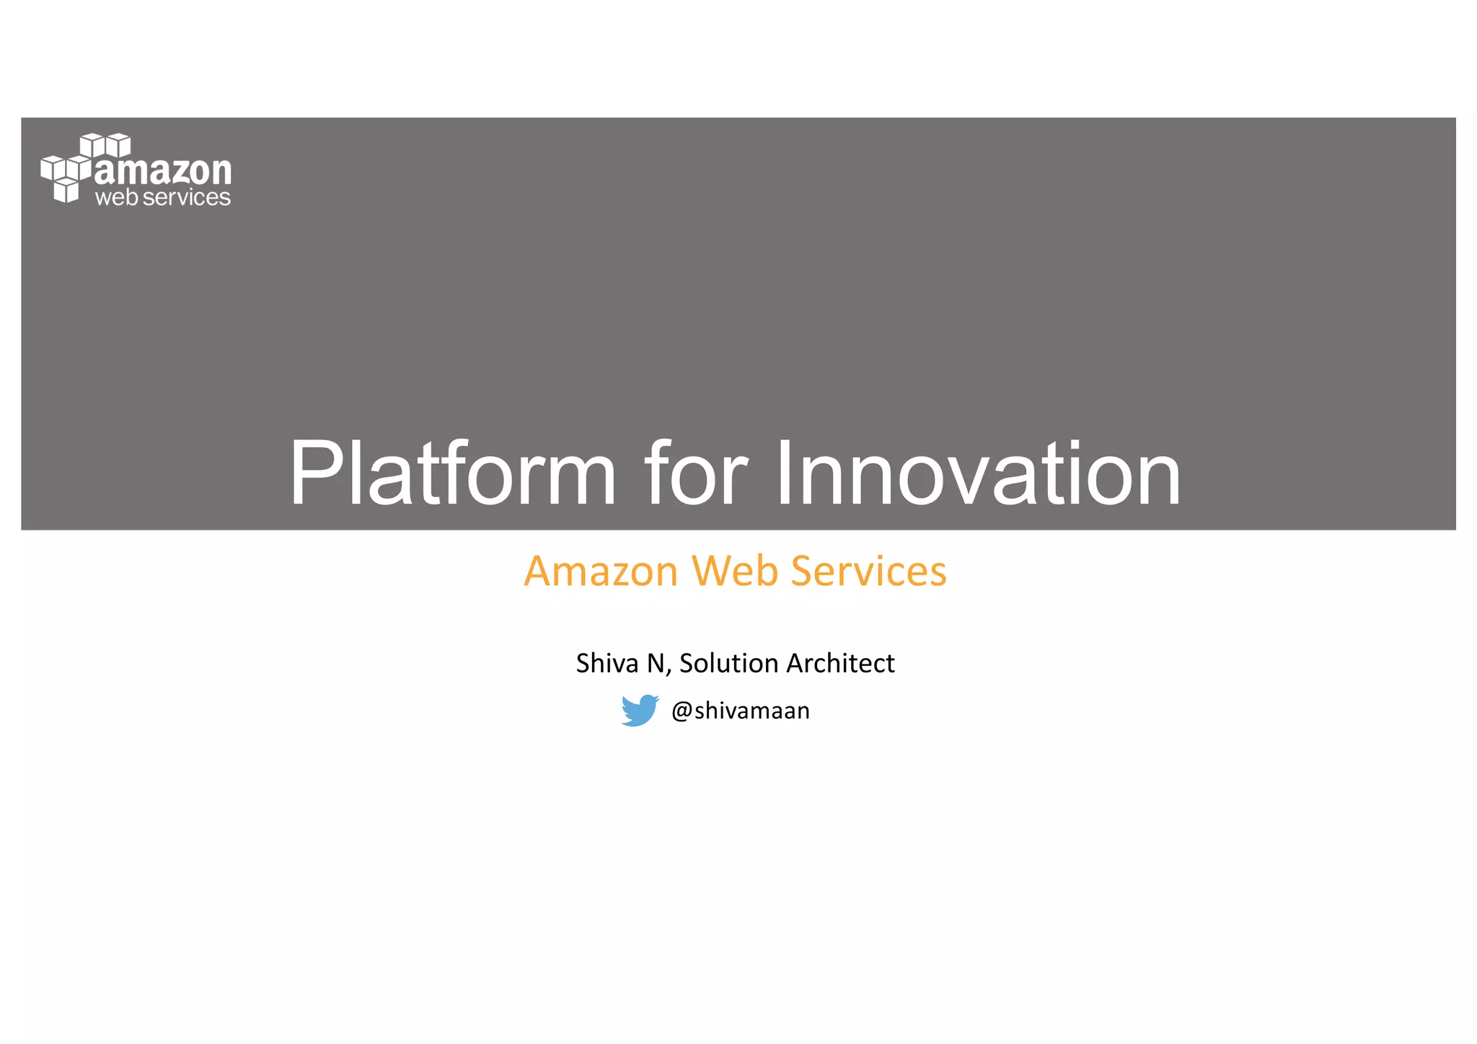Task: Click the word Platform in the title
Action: (x=452, y=474)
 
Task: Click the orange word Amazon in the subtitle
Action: (x=601, y=571)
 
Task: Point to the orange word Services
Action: (x=868, y=571)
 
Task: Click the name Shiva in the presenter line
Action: (x=607, y=663)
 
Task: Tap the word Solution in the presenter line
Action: (x=728, y=663)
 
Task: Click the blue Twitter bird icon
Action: (x=640, y=711)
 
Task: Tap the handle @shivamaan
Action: (x=740, y=711)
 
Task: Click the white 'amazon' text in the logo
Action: (x=163, y=171)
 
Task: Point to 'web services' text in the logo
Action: (x=163, y=197)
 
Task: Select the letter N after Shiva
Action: (x=656, y=663)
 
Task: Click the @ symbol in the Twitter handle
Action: (x=682, y=711)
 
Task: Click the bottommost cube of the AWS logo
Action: (x=66, y=191)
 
